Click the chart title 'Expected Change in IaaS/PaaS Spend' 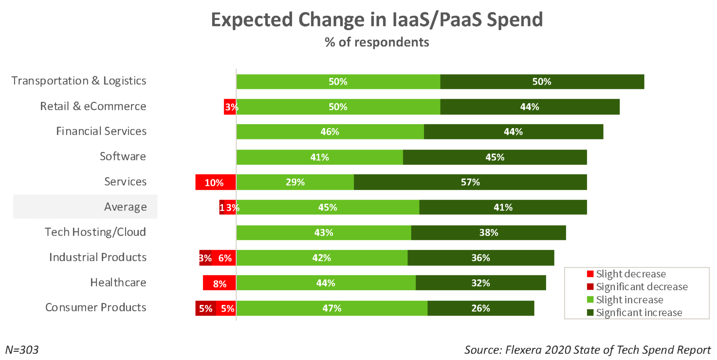coord(377,20)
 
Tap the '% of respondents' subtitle coord(377,42)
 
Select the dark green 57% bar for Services coord(470,182)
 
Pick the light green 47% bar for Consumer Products coord(332,308)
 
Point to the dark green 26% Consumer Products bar coord(481,308)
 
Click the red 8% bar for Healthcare coord(220,283)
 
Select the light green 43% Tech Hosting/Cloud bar coord(323,233)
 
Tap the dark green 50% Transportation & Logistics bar coord(542,82)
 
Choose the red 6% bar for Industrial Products coord(224,258)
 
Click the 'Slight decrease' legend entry coord(631,274)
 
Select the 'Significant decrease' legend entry coord(641,287)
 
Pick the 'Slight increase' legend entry coord(629,300)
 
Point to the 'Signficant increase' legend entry coord(639,312)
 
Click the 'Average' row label coord(125,207)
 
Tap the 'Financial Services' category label coord(101,131)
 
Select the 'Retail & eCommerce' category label coord(93,106)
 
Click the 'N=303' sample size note coord(22,350)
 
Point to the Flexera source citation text coord(587,350)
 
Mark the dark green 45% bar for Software coord(495,157)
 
